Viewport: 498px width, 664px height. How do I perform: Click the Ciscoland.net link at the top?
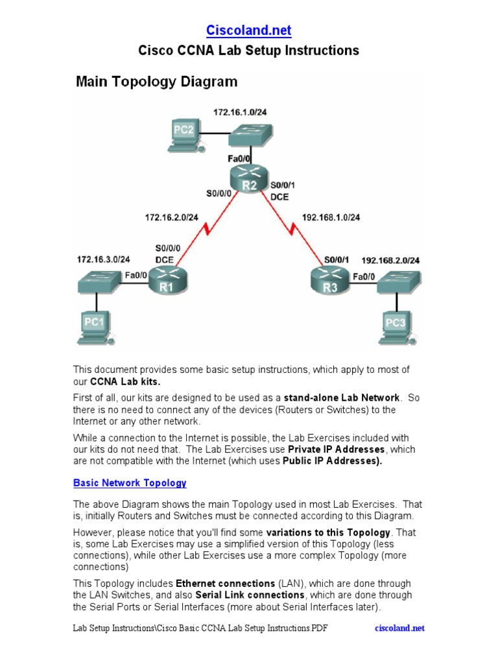pos(248,30)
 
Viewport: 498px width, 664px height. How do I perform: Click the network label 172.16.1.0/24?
pos(240,112)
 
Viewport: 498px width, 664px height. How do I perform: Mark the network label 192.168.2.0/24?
pos(390,260)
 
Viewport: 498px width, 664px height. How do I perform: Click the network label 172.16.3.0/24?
pos(103,259)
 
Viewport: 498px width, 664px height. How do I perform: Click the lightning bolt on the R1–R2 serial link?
pos(207,230)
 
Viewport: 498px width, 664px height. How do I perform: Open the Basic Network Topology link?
pos(130,483)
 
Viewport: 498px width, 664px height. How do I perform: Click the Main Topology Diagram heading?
pos(156,82)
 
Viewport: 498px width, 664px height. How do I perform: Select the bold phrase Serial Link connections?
pos(250,595)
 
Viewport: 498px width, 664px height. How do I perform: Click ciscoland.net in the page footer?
pos(400,628)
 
